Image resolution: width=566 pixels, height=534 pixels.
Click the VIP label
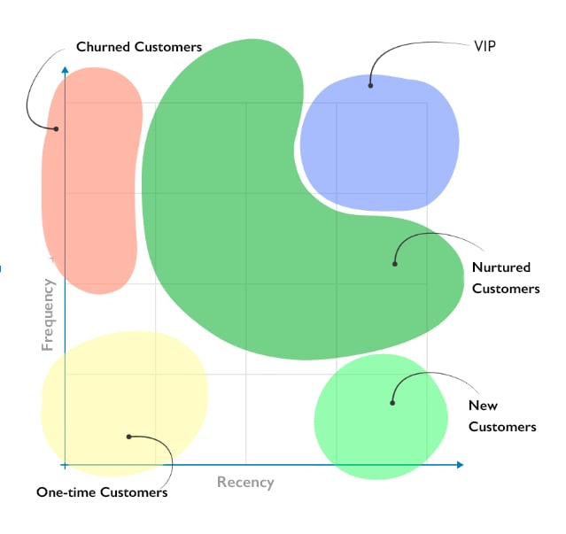485,43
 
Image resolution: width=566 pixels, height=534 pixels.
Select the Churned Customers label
139,46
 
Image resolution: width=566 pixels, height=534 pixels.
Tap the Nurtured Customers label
505,277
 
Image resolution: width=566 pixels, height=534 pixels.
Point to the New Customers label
501,416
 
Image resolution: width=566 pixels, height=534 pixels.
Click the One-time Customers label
102,492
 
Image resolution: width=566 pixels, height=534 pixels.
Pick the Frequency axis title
48,314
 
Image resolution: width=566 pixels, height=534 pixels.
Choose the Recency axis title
245,483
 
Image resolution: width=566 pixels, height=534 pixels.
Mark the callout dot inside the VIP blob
370,85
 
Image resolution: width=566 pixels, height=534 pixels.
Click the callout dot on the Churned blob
56,128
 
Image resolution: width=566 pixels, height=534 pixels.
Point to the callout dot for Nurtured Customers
395,263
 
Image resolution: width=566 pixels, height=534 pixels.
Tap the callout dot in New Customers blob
392,403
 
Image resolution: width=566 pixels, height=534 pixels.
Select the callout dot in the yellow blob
128,436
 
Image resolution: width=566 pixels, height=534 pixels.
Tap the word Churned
102,46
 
